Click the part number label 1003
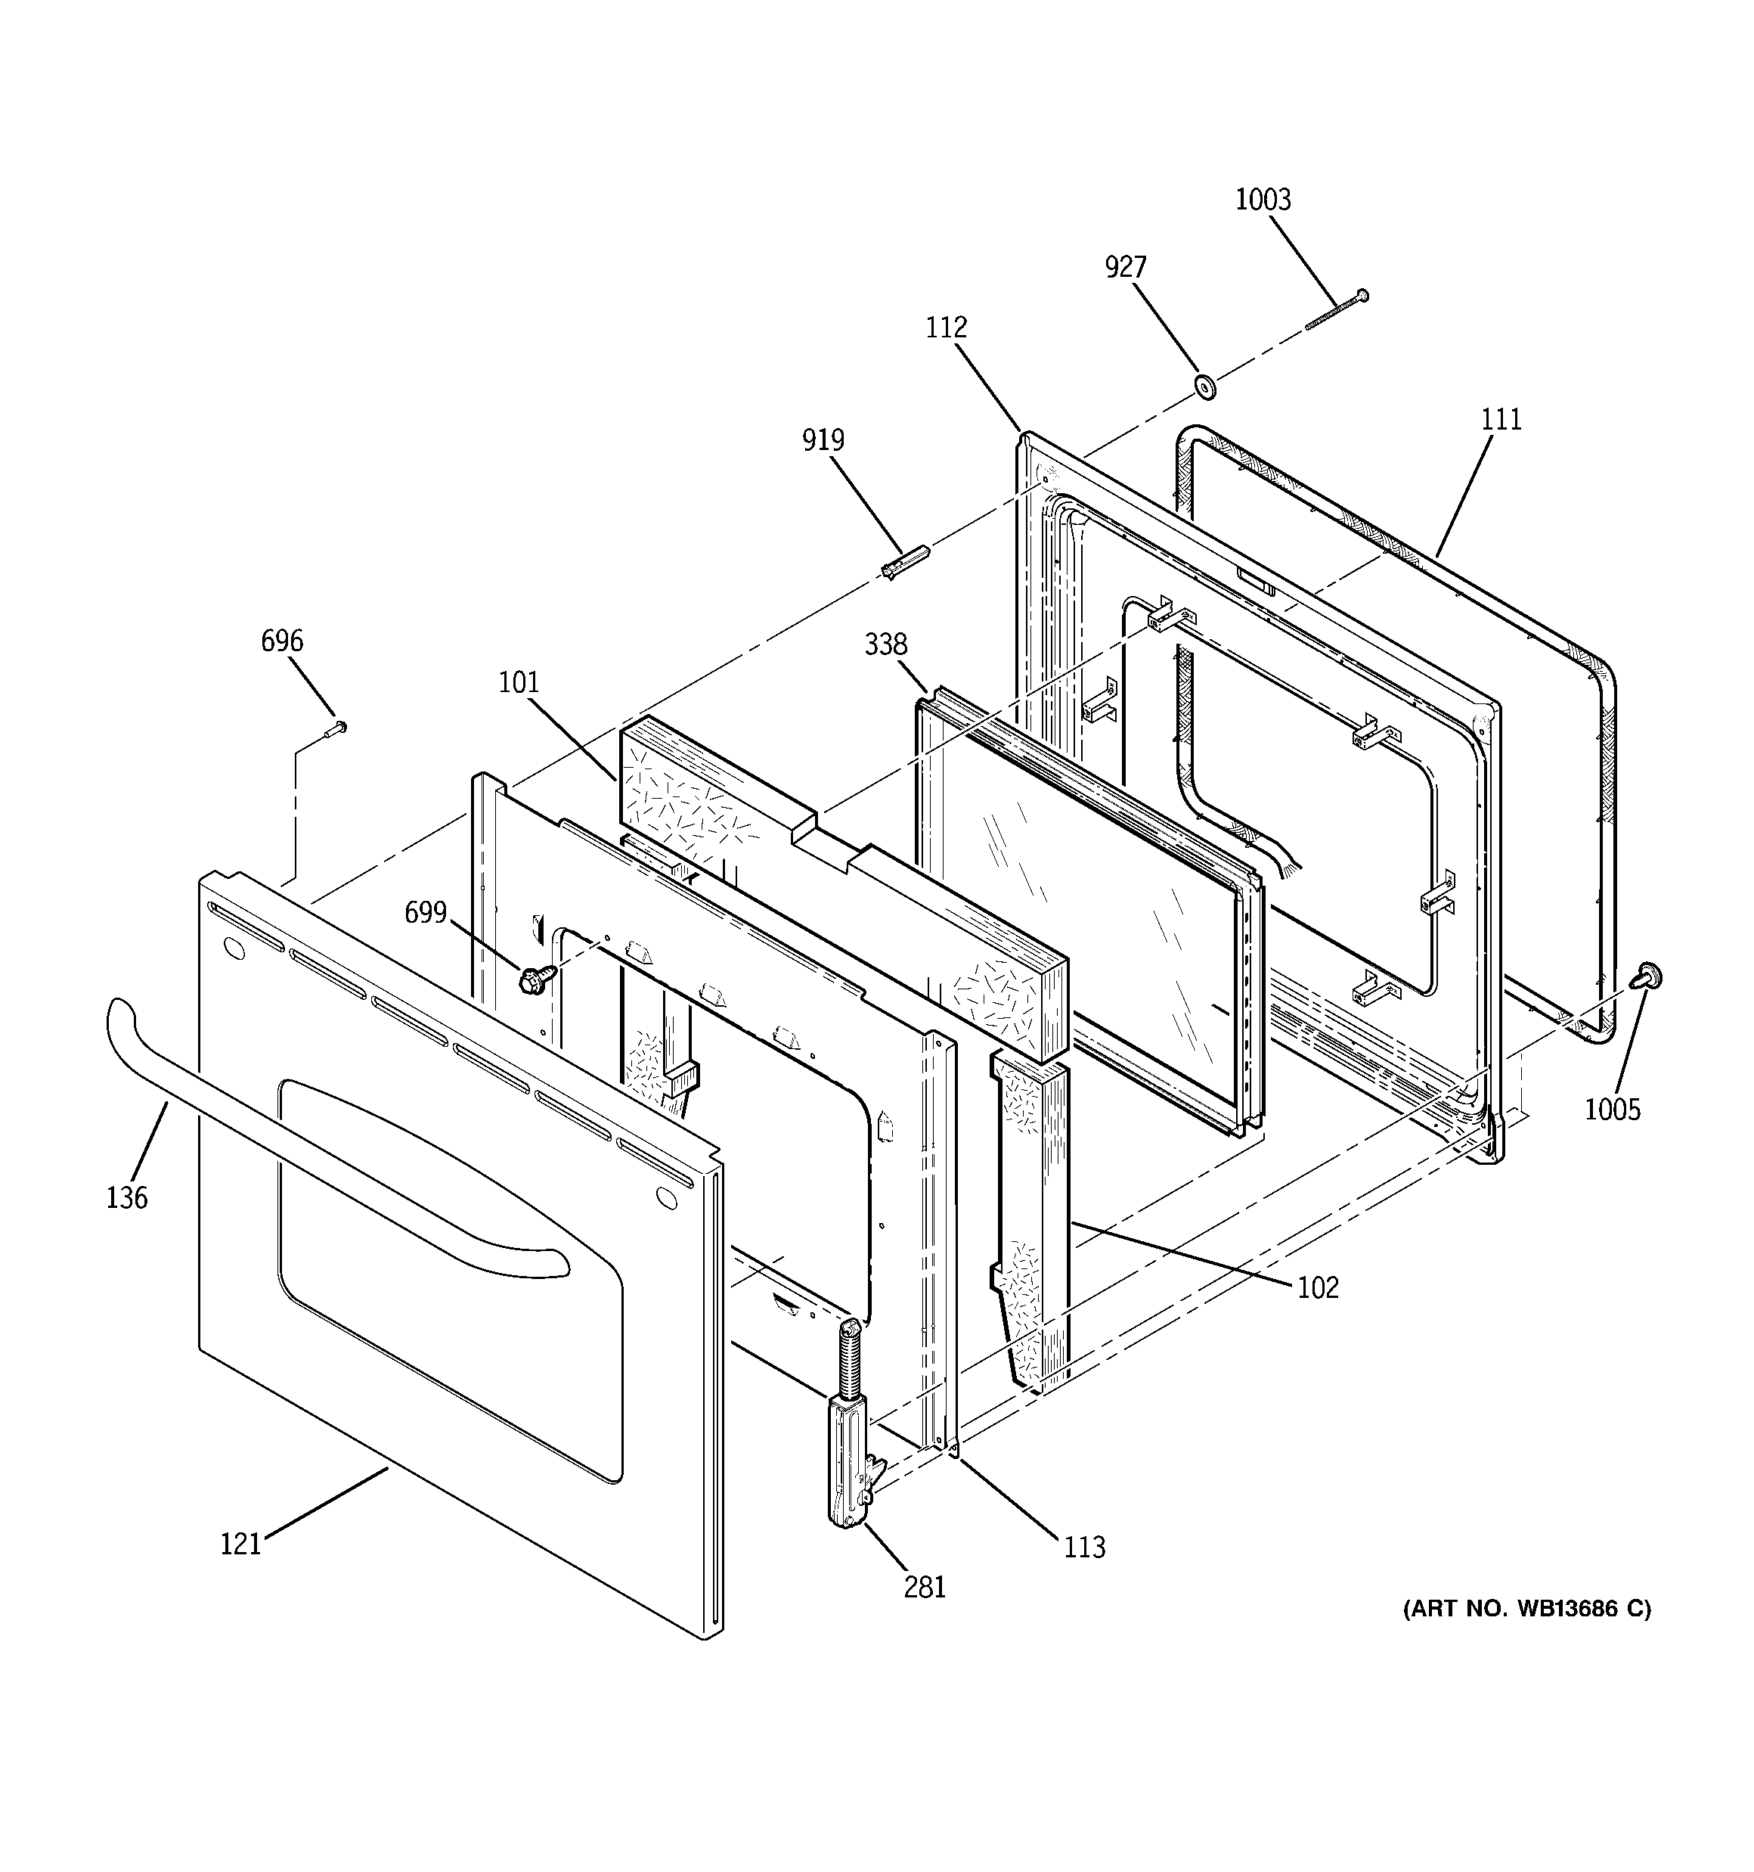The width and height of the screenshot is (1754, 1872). coord(1263,200)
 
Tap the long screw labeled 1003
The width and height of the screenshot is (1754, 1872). coord(1336,312)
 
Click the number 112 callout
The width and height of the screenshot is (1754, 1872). coord(945,328)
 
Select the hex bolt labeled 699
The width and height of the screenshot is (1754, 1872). coord(532,980)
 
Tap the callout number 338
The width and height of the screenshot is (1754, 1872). coord(885,644)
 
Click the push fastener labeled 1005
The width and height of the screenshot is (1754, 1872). coord(1647,976)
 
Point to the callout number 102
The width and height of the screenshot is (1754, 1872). coord(1317,1287)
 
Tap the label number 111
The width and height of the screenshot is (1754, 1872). coord(1501,419)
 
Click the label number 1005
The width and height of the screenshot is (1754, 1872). coord(1612,1110)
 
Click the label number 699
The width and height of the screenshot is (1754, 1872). coord(425,911)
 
